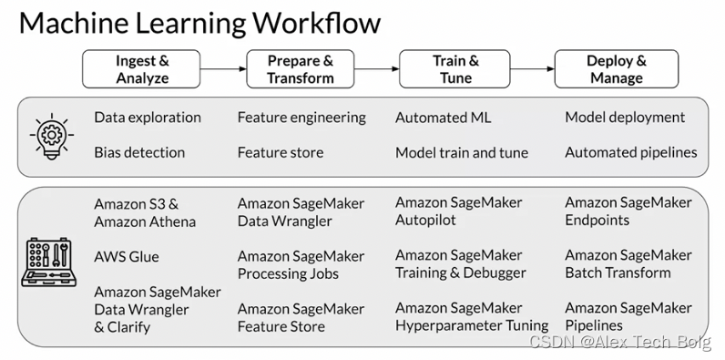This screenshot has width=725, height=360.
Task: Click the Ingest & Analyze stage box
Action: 142,69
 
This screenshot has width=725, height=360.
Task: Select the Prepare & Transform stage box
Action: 300,69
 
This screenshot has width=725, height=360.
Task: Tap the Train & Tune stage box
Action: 455,69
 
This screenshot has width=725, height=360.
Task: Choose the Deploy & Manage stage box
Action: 617,69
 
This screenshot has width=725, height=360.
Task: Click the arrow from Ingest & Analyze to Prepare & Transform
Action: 224,69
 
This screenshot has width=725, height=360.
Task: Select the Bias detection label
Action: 139,152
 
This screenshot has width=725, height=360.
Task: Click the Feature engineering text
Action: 301,118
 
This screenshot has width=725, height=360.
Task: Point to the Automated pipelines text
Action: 631,152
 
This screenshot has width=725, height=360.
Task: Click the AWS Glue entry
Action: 127,257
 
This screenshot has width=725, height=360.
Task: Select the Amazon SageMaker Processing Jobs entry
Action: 301,265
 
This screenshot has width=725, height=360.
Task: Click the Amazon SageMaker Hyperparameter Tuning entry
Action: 472,316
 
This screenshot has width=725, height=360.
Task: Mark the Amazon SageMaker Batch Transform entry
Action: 628,263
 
